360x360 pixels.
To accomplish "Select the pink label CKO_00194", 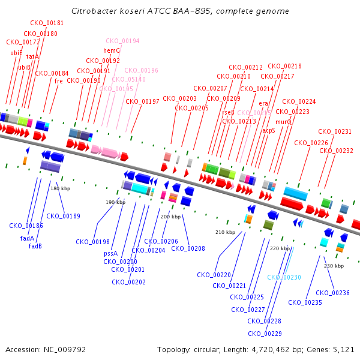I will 122,41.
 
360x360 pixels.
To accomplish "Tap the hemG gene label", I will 112,50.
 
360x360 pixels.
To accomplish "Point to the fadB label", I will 35,246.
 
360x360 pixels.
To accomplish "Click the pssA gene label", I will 110,253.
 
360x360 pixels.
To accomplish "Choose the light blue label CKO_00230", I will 284,277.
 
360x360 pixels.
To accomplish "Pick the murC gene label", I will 284,121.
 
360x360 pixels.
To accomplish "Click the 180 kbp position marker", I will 60,188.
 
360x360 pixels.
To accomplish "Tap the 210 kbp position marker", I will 225,232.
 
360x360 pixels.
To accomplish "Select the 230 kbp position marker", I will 334,266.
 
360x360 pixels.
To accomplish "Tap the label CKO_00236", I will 332,293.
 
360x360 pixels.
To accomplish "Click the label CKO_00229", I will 265,334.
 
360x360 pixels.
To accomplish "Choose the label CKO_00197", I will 143,101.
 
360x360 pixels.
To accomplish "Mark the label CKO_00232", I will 335,151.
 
